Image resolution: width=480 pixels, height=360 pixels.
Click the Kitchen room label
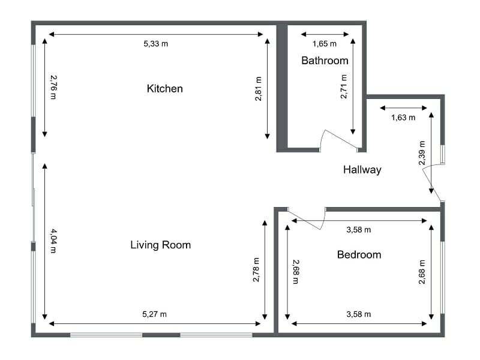[164, 89]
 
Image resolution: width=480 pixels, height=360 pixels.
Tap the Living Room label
[160, 245]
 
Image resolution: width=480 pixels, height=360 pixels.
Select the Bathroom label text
[325, 61]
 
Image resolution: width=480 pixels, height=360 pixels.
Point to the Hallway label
[362, 170]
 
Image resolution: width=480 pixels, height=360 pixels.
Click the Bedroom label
[359, 255]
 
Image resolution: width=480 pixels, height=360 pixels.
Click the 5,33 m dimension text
[155, 44]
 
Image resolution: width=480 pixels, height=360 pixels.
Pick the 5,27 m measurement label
[154, 314]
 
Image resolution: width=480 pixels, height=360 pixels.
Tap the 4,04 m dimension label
[53, 241]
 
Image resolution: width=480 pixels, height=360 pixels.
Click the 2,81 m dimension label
[259, 89]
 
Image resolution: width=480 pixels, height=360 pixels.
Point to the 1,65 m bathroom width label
[325, 44]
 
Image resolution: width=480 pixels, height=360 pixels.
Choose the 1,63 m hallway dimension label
[403, 118]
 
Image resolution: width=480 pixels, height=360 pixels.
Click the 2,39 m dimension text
[422, 153]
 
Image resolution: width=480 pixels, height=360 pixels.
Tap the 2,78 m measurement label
[256, 270]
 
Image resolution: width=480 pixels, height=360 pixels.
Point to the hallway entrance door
[432, 180]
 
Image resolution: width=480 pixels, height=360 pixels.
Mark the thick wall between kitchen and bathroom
[281, 87]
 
